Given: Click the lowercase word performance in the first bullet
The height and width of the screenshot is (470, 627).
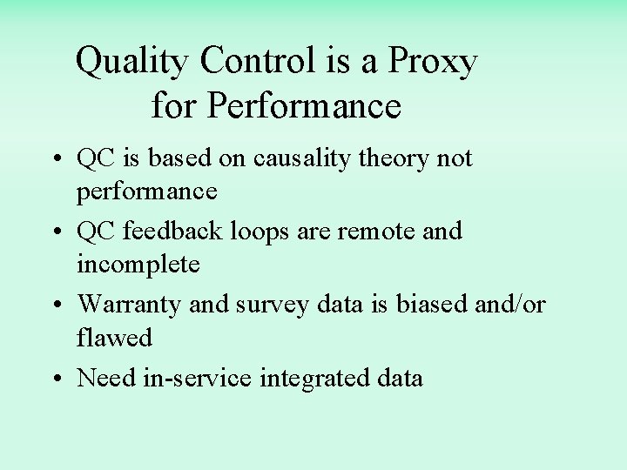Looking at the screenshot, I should click(147, 191).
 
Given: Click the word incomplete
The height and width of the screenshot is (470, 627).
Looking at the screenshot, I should click(138, 265).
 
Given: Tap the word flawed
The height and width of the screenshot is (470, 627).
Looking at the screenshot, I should click(114, 336).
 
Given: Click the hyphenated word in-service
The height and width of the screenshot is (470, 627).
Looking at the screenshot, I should click(198, 378).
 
